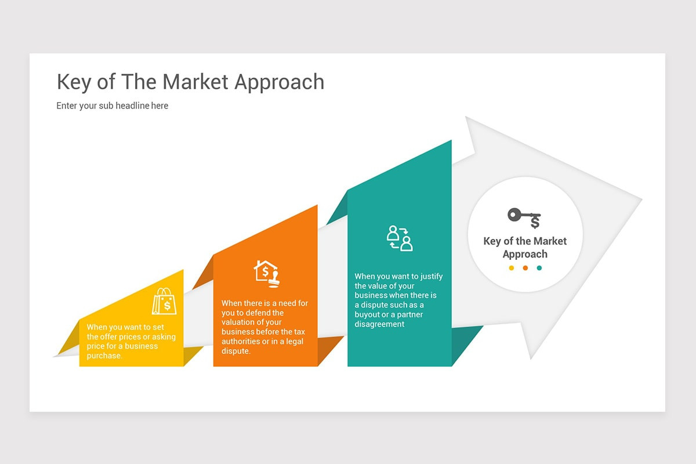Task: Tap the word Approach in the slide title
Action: point(280,83)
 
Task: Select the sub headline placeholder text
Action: point(113,106)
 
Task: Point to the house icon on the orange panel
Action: point(267,273)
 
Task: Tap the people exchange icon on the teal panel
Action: point(400,238)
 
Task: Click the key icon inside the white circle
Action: point(524,217)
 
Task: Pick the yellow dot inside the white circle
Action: point(511,268)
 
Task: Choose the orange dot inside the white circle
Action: point(525,268)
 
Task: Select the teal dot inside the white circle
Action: point(539,268)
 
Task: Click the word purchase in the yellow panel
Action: point(104,356)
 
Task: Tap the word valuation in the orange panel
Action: point(240,322)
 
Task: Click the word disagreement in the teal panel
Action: point(379,324)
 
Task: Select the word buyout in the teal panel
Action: point(367,315)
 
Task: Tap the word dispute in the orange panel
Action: point(236,351)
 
